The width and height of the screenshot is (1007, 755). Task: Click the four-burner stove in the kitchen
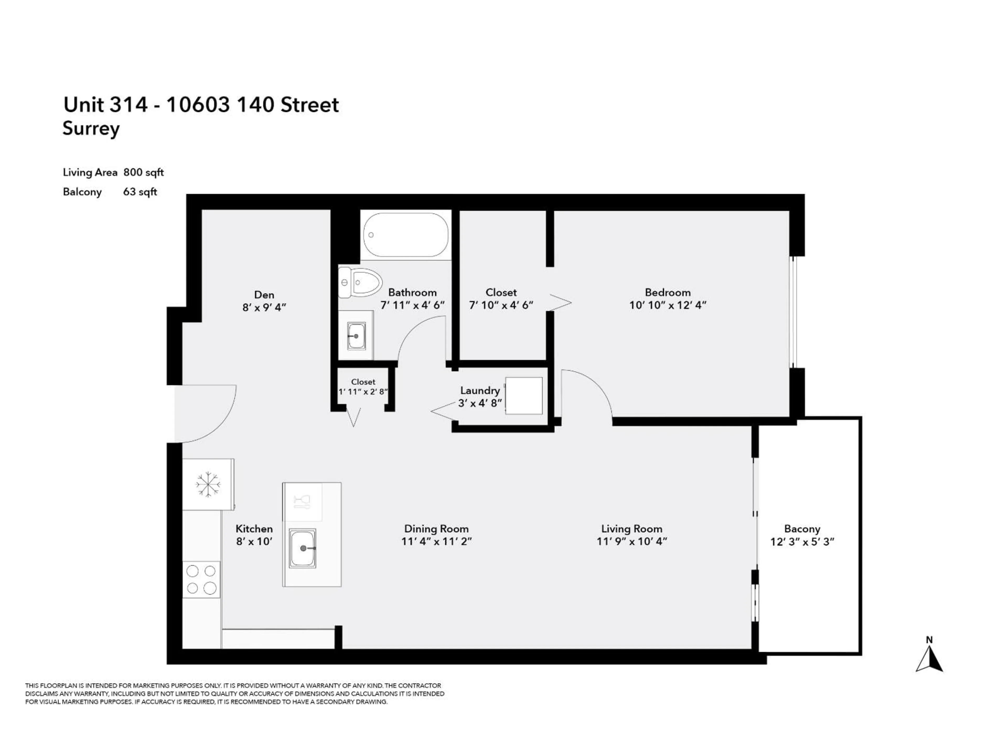click(201, 579)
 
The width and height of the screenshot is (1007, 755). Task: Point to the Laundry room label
click(480, 390)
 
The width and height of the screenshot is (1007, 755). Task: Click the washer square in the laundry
click(524, 396)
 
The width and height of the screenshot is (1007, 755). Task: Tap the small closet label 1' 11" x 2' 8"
click(363, 391)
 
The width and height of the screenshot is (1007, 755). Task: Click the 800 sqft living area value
click(143, 172)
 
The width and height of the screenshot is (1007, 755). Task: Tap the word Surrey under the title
click(91, 128)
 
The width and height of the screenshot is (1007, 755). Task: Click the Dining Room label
click(436, 529)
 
